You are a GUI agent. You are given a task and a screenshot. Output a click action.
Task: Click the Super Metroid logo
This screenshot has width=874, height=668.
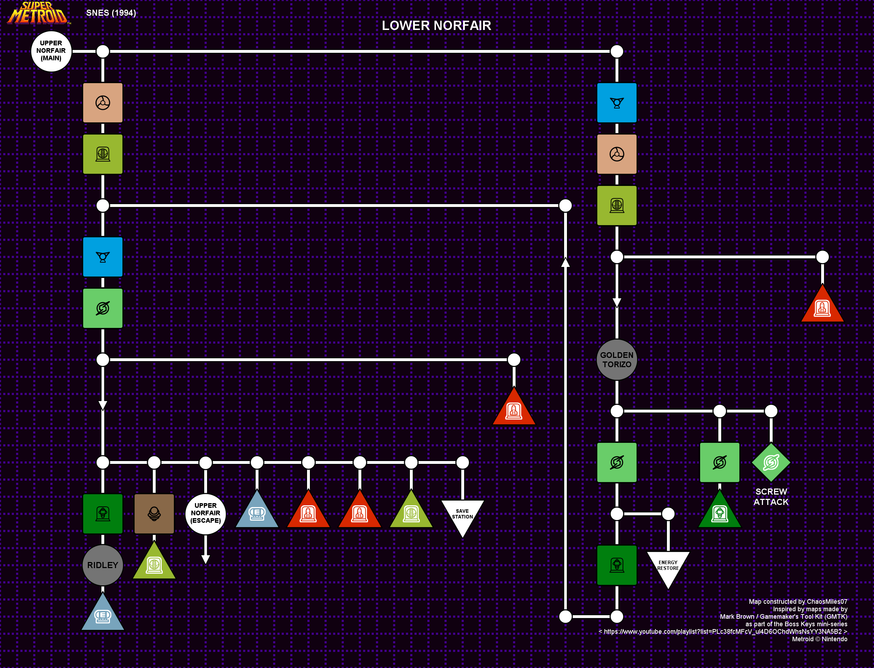(39, 13)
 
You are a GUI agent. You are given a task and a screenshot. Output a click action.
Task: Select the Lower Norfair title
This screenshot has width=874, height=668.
(436, 25)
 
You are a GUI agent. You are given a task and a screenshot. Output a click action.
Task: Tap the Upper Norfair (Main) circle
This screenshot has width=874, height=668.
(51, 51)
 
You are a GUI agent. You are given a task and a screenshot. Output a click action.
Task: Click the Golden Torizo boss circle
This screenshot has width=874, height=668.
(617, 359)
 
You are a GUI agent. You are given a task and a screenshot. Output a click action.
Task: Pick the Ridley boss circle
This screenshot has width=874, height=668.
(102, 565)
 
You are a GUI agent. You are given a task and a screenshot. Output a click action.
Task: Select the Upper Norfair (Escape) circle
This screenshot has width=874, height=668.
(205, 514)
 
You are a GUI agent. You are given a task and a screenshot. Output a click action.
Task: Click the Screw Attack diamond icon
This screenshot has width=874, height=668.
(771, 462)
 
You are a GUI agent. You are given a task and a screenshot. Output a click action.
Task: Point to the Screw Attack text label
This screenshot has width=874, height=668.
(771, 497)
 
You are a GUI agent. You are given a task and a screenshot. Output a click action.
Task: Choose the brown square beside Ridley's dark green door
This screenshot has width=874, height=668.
(154, 514)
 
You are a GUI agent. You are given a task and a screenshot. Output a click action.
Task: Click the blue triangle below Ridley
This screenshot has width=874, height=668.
(102, 612)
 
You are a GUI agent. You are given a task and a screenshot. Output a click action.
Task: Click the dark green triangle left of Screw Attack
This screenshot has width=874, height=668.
(720, 510)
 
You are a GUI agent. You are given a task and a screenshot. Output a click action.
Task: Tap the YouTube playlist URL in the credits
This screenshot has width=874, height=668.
(723, 631)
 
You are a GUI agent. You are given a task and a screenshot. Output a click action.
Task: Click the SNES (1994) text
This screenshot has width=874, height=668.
(111, 13)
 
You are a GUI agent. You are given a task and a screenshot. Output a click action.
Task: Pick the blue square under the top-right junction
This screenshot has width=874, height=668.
(617, 102)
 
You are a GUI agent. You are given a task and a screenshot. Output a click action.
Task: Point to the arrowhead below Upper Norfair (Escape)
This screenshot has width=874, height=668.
(205, 560)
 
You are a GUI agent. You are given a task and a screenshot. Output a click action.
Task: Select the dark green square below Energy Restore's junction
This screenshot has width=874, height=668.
(617, 565)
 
